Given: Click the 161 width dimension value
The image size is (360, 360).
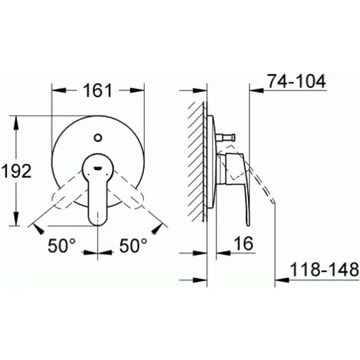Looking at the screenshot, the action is point(98,90).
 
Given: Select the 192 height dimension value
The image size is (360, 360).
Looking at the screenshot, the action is point(17,171).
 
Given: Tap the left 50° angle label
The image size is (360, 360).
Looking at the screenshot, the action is point(62,245).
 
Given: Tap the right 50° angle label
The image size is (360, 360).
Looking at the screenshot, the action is point(133,245).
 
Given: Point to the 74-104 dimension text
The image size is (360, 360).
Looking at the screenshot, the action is point(296,81).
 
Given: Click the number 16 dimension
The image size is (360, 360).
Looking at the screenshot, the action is point(244,244).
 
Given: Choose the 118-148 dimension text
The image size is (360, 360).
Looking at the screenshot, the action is point(325,270).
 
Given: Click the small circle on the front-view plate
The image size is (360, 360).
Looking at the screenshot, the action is point(98,138).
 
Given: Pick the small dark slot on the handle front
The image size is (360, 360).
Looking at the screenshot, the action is point(98,168).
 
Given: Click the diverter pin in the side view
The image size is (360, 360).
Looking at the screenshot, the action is point(224,138).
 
